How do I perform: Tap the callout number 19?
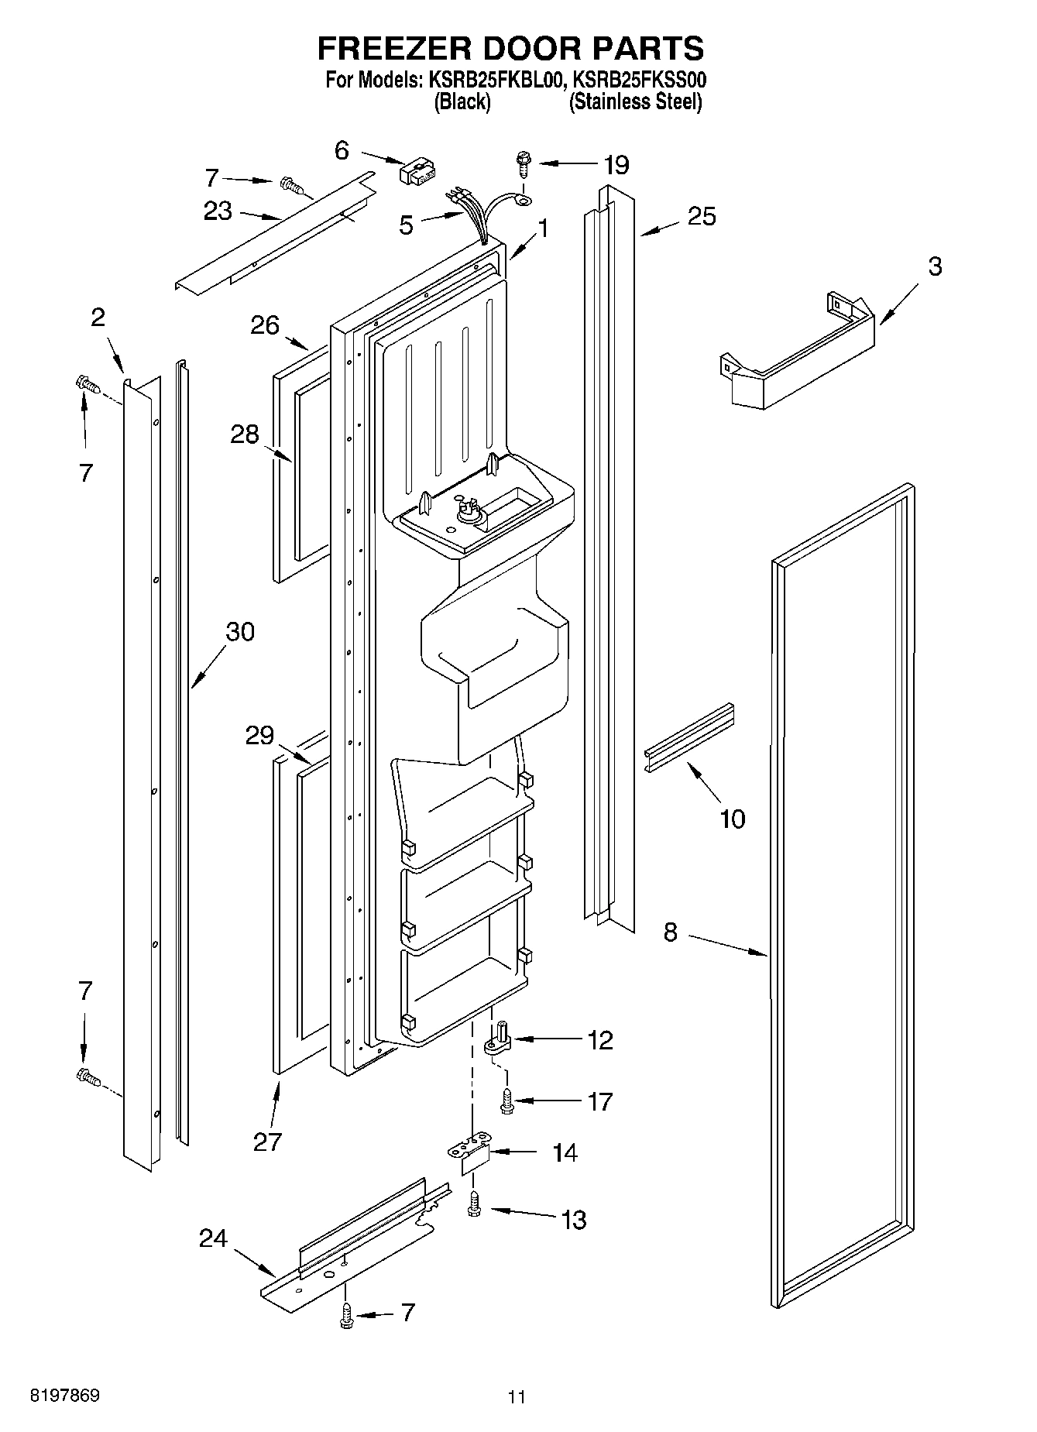[616, 165]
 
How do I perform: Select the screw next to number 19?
[522, 165]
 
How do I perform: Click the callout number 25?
[702, 216]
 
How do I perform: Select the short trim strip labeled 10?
[688, 737]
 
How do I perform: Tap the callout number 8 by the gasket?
[670, 932]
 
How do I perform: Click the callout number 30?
[239, 632]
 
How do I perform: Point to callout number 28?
[245, 434]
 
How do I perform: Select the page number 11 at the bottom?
[517, 1397]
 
